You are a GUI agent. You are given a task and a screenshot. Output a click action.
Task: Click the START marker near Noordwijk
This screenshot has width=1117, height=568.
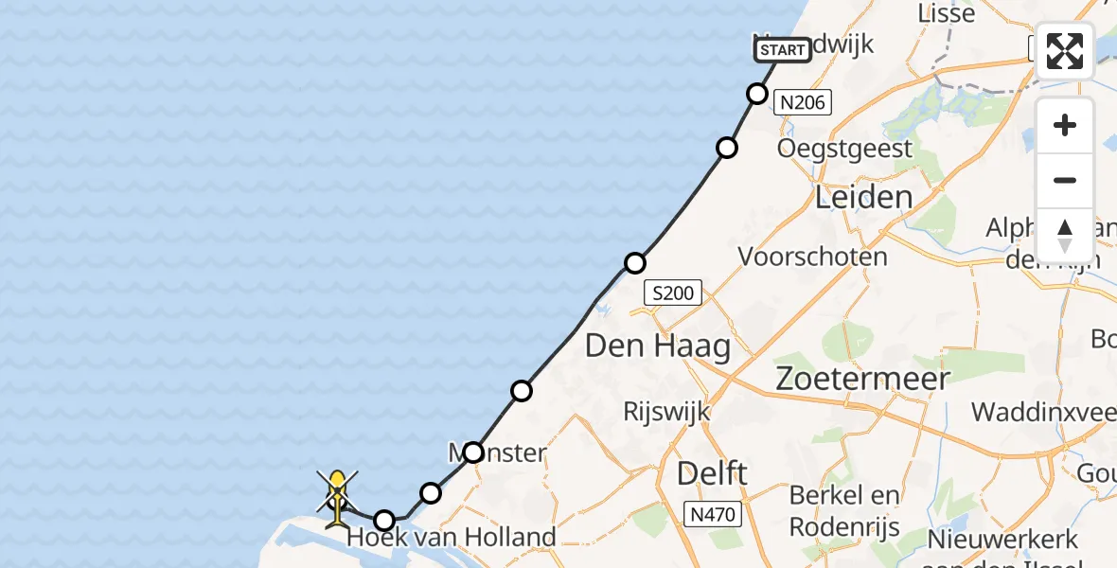[x=783, y=50]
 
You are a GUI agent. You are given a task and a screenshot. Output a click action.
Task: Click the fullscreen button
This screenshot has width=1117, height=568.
[x=1065, y=51]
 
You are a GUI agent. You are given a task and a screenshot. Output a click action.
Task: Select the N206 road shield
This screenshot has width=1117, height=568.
[x=803, y=102]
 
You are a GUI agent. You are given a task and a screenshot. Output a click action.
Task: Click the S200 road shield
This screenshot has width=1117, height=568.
[x=673, y=293]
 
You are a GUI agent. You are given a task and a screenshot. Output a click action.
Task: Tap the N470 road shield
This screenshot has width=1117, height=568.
[x=711, y=515]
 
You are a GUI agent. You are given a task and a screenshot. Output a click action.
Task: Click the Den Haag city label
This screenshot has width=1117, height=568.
[x=658, y=346]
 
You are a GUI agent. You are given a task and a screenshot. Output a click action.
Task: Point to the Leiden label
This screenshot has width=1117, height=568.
[x=864, y=198]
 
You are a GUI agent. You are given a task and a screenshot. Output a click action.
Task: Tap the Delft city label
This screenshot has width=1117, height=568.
[x=713, y=473]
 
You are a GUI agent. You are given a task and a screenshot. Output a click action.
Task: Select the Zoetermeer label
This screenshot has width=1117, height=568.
[x=862, y=379]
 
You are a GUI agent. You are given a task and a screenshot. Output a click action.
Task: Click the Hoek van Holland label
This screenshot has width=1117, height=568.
[x=452, y=538]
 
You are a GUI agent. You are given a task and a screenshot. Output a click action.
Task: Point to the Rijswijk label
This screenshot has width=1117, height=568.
[x=667, y=412]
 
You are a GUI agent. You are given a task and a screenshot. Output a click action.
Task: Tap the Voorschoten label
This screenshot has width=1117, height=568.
[x=812, y=257]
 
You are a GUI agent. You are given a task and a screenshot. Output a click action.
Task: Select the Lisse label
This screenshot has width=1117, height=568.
[x=947, y=14]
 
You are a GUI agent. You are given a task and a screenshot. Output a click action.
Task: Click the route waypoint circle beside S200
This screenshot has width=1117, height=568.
[x=635, y=263]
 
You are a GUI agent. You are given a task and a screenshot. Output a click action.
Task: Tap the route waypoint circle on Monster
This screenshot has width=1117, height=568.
[x=473, y=453]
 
